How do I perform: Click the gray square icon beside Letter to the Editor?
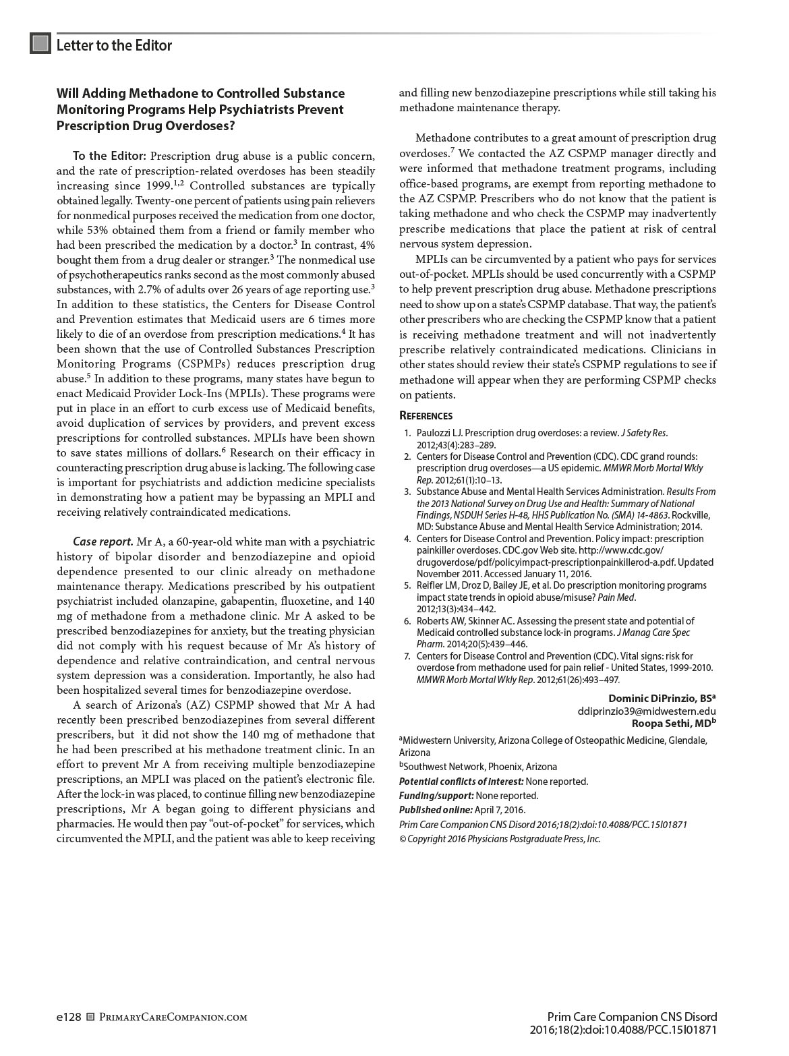click(40, 44)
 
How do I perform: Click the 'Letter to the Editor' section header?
click(114, 45)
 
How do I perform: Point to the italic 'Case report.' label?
click(103, 541)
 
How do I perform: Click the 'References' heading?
click(426, 415)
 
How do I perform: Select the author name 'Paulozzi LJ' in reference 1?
click(439, 433)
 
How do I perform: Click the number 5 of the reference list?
click(407, 585)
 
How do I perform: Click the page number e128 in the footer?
click(69, 1017)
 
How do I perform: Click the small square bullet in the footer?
click(91, 1018)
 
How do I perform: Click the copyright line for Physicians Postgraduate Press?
click(500, 839)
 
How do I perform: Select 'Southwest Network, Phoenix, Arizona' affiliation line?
click(480, 767)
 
